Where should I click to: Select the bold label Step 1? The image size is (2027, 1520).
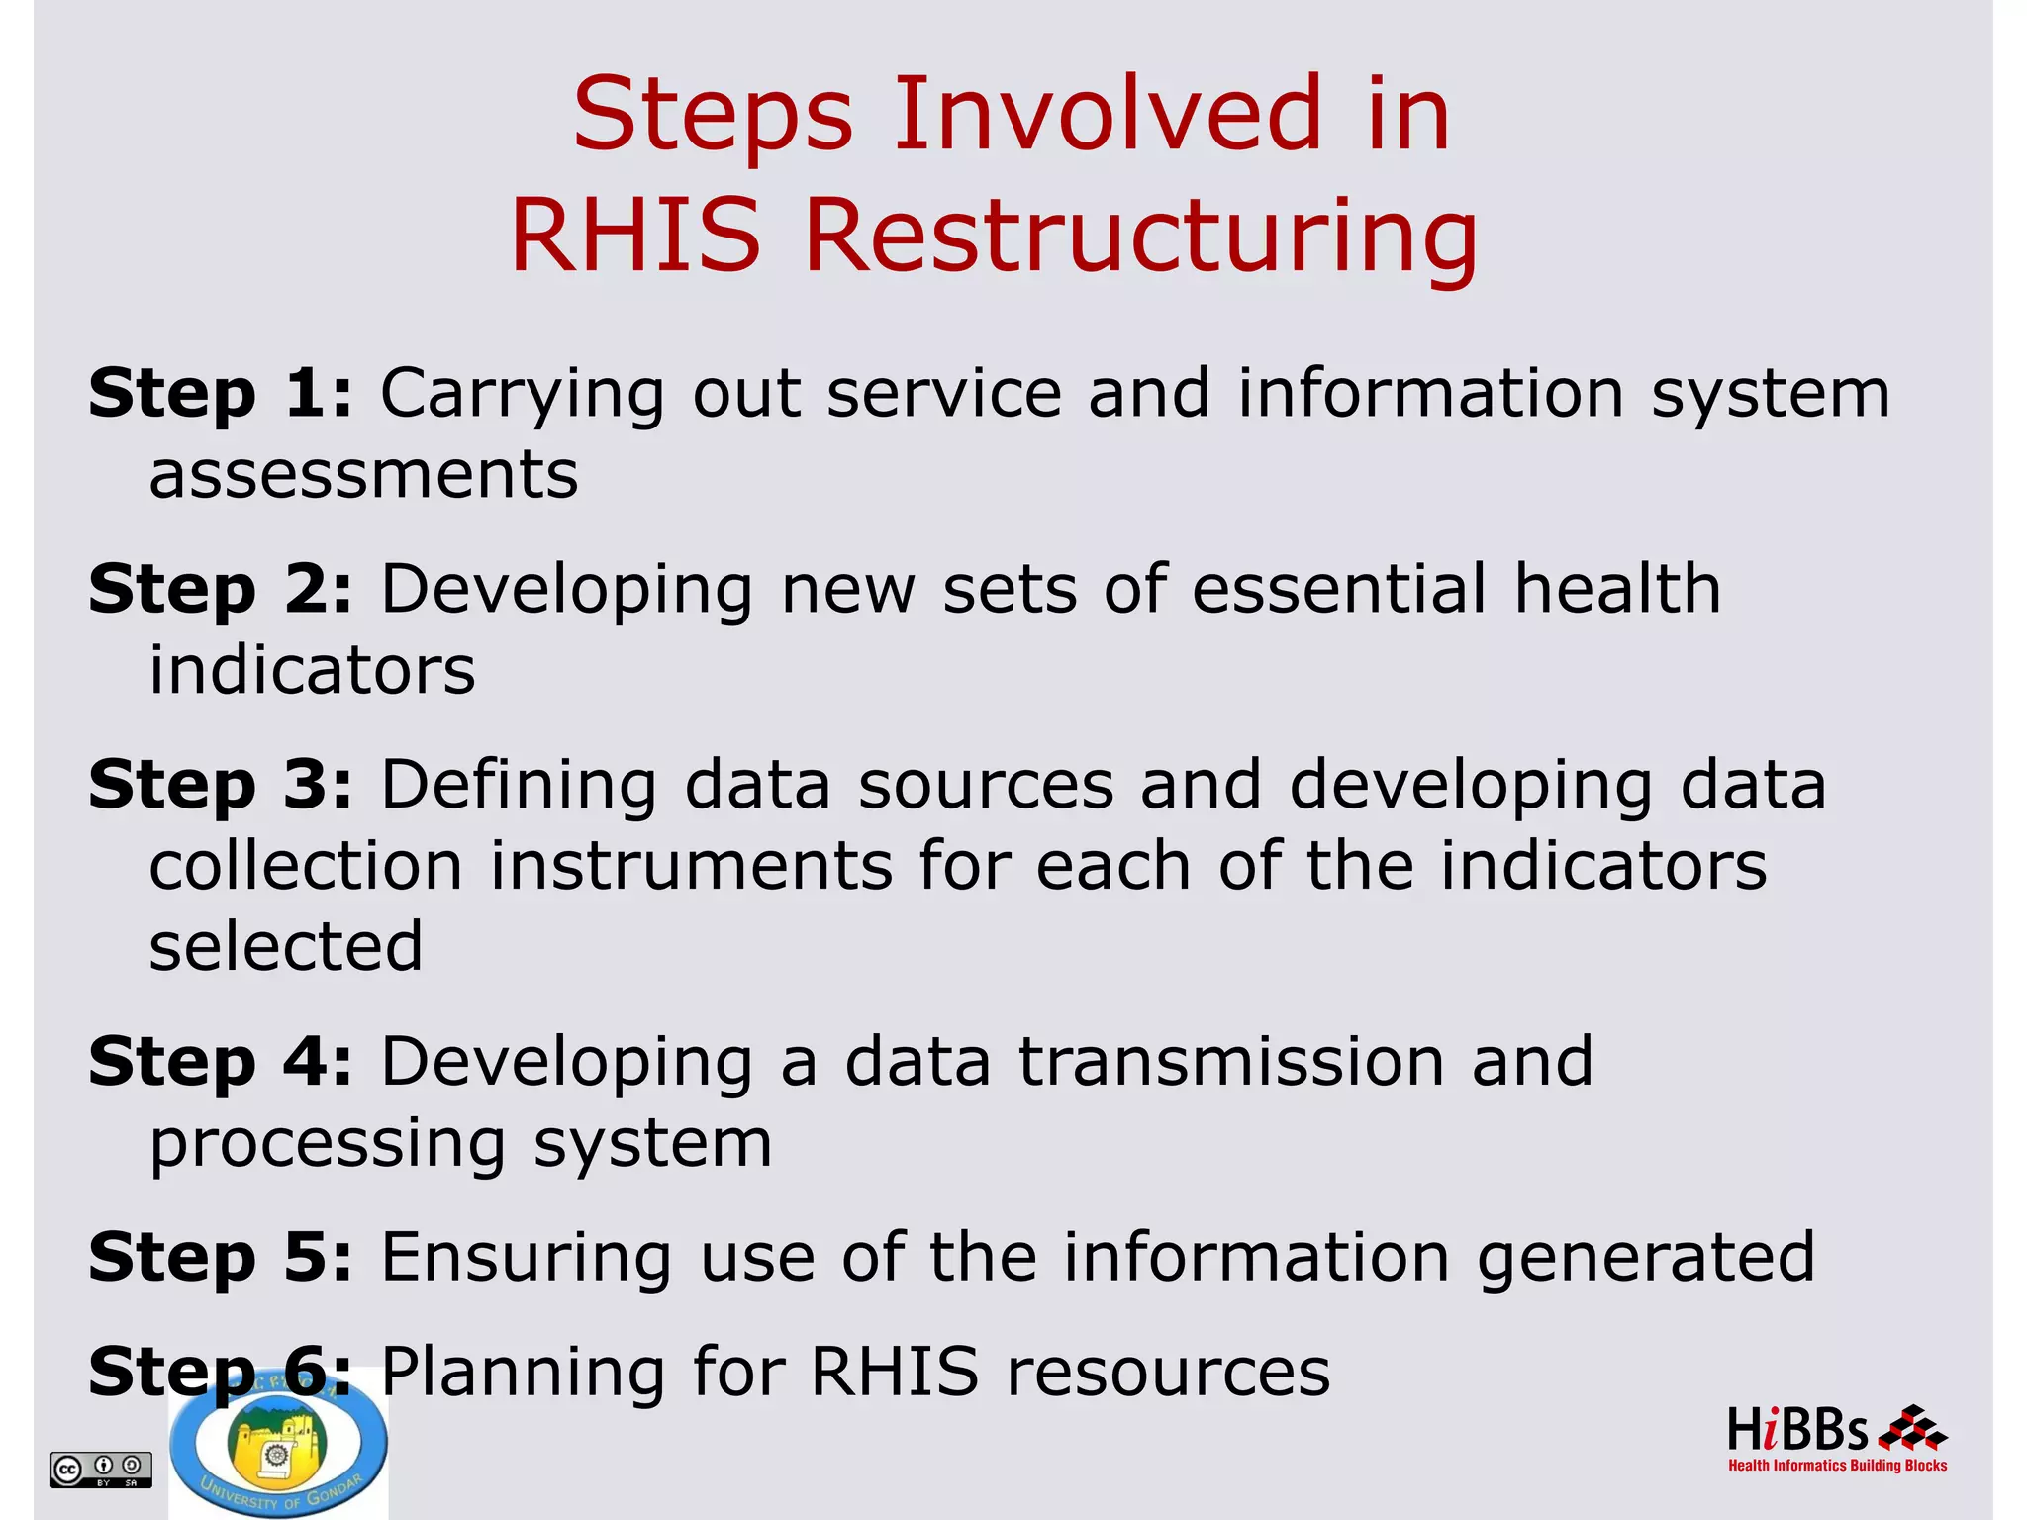[x=220, y=394]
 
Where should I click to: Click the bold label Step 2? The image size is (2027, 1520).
[x=220, y=590]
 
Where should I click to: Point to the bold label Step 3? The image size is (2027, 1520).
[x=220, y=785]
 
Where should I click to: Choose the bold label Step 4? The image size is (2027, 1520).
[x=220, y=1062]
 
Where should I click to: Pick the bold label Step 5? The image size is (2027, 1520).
[x=220, y=1258]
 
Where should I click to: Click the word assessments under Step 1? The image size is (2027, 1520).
[x=363, y=475]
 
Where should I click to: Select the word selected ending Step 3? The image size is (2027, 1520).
[x=286, y=947]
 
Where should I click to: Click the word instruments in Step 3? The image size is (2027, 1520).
[x=691, y=866]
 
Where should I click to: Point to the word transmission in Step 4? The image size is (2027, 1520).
[x=1231, y=1062]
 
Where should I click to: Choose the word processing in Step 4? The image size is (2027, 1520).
[x=328, y=1145]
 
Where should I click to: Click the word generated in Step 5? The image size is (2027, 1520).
[x=1645, y=1258]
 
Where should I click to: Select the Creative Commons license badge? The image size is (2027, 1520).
[x=101, y=1470]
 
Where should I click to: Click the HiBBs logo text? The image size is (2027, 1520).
[x=1797, y=1431]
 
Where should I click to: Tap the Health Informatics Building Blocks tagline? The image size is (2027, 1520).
[x=1837, y=1466]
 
